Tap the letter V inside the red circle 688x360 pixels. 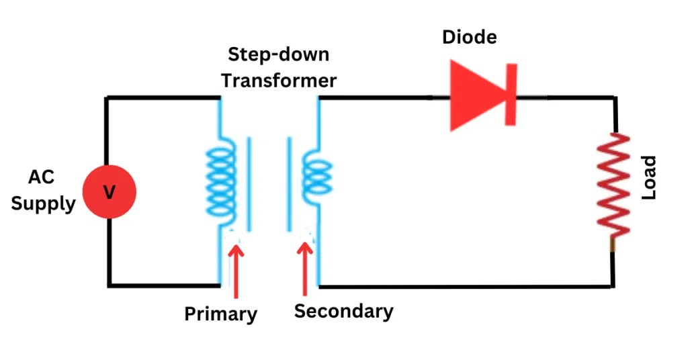[110, 193]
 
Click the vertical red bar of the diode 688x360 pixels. [511, 95]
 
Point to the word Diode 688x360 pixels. [469, 36]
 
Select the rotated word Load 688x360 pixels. [648, 178]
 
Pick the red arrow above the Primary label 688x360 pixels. [235, 269]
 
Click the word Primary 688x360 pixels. [220, 314]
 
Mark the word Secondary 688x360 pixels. [343, 311]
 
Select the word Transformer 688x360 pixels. [279, 80]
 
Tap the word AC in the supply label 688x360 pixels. [41, 177]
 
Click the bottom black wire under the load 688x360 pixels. [464, 287]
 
